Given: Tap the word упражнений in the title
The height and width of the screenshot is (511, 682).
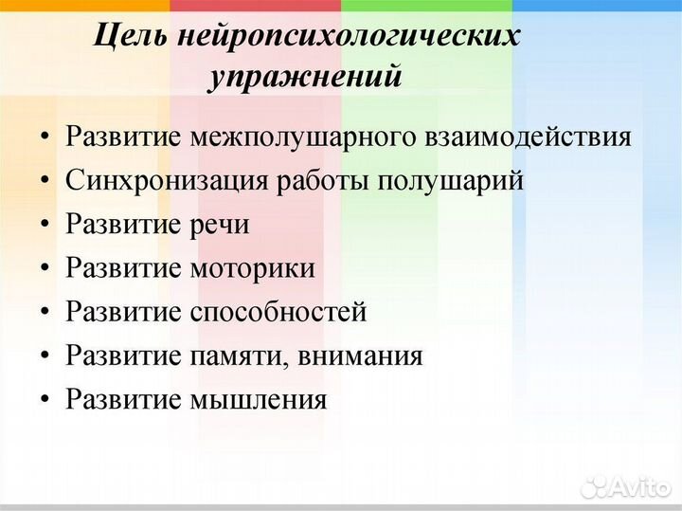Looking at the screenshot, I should [x=305, y=77].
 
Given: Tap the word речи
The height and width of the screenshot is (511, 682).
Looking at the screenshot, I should [x=220, y=225].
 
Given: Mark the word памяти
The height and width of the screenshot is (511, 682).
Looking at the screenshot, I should [x=241, y=356].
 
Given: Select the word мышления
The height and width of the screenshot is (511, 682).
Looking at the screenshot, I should [x=258, y=399].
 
